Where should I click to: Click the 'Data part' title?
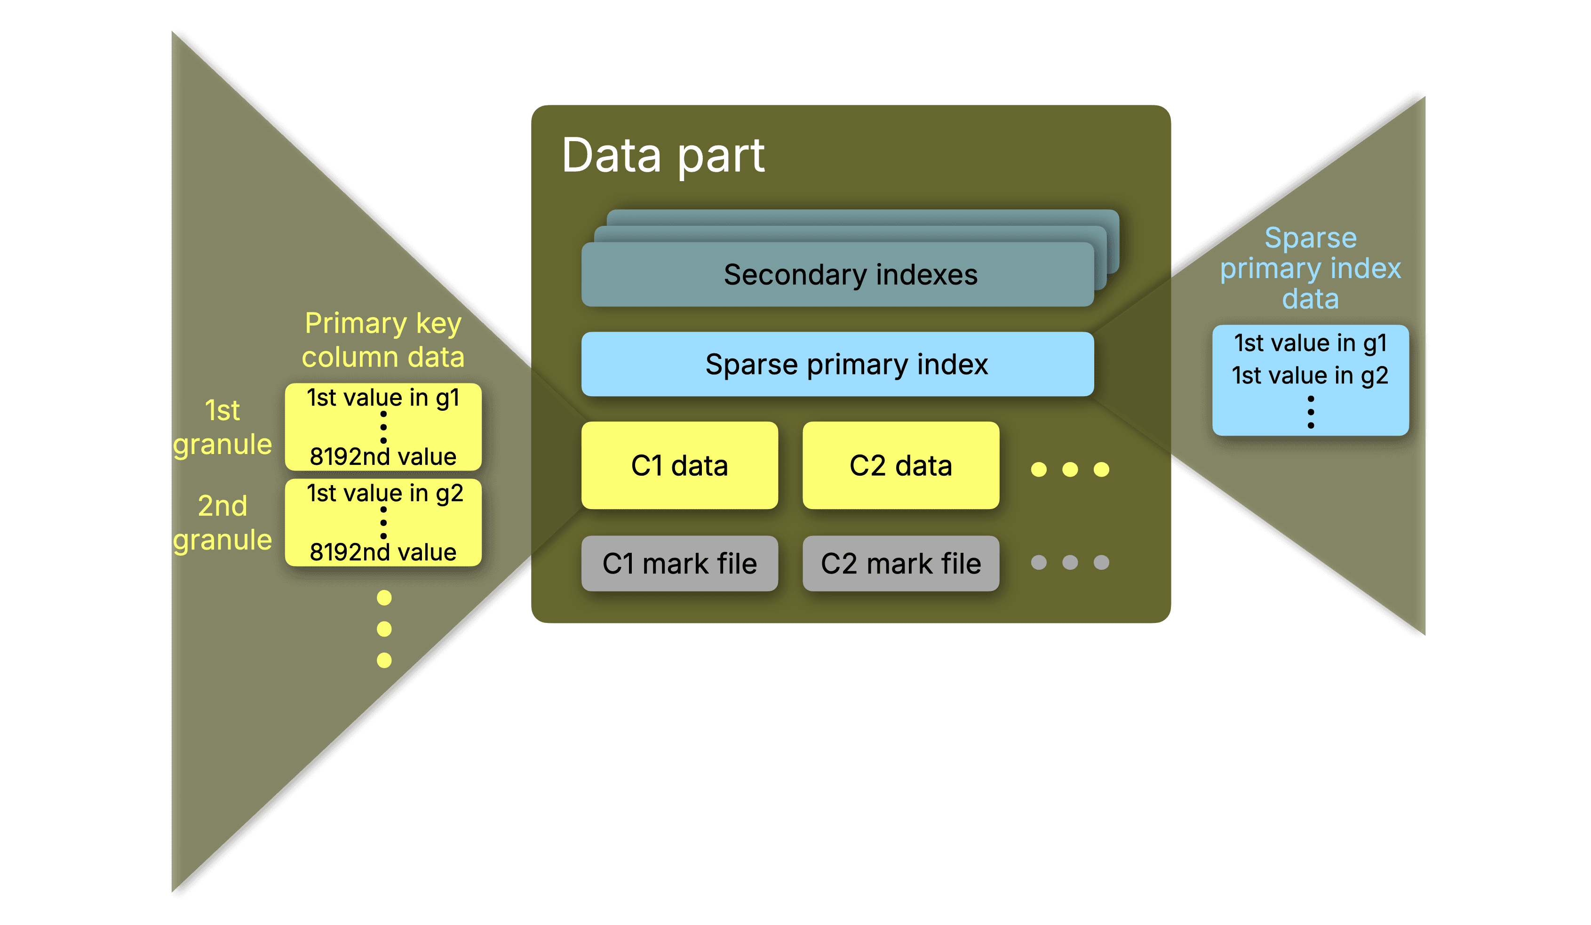point(663,155)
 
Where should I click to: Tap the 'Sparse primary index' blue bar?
point(837,364)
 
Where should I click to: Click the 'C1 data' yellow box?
point(679,465)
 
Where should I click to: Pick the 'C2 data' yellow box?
point(900,465)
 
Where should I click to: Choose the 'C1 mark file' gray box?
point(679,563)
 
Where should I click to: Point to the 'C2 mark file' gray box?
point(900,563)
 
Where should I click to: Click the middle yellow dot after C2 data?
point(1070,469)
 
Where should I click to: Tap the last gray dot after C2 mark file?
point(1101,562)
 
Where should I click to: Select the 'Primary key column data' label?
point(383,340)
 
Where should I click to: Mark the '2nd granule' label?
point(222,523)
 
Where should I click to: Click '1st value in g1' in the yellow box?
point(383,398)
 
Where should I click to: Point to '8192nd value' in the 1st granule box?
point(383,456)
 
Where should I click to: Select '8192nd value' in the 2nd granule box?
point(383,552)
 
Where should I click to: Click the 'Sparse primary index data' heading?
point(1310,268)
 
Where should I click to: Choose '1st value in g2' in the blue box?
point(1310,375)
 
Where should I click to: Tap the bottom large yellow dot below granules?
point(384,660)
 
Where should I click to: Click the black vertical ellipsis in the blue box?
point(1311,412)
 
